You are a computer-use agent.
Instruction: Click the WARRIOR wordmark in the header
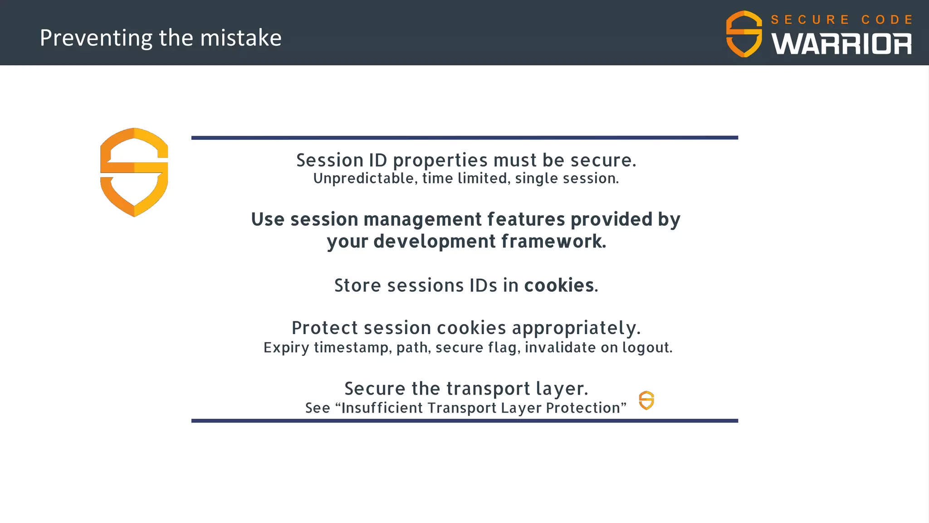841,44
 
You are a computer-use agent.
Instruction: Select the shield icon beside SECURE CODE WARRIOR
744,34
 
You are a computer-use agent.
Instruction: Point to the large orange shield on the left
134,173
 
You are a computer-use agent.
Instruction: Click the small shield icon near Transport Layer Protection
646,400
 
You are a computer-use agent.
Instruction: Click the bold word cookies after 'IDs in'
559,286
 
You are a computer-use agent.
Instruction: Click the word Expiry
286,348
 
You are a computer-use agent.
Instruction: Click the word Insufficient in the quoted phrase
382,408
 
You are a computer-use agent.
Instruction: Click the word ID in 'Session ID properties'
378,160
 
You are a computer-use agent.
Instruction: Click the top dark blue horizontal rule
464,138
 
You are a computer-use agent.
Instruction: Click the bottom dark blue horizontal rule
464,421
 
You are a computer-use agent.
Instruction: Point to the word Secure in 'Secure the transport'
375,389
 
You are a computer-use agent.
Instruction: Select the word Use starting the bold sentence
268,220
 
